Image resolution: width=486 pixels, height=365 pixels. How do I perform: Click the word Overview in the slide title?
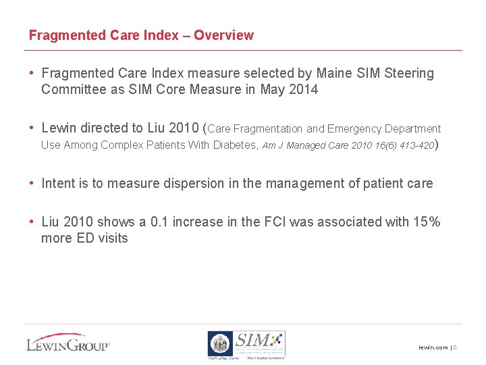(223, 35)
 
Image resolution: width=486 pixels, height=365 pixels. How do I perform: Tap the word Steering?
(409, 73)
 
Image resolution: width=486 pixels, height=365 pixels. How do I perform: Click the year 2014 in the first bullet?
(302, 89)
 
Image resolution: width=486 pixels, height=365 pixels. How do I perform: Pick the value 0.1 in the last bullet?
(157, 222)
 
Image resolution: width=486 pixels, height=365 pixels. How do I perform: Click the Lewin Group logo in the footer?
(67, 343)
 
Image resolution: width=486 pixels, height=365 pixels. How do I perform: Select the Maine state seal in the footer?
(219, 344)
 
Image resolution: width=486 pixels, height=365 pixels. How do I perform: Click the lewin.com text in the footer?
(433, 347)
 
